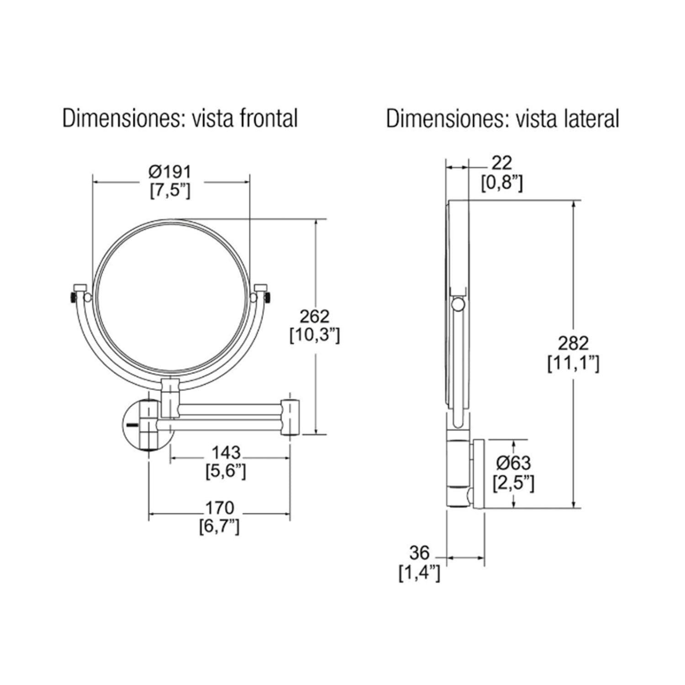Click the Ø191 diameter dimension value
[x=170, y=172]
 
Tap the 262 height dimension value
[x=314, y=316]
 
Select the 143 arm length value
[x=226, y=453]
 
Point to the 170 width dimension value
[x=219, y=508]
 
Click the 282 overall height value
[x=573, y=343]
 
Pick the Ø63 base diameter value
[x=513, y=463]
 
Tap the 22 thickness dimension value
[x=502, y=163]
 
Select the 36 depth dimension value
[x=419, y=553]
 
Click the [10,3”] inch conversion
[x=315, y=336]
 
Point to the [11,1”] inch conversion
[x=573, y=364]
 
